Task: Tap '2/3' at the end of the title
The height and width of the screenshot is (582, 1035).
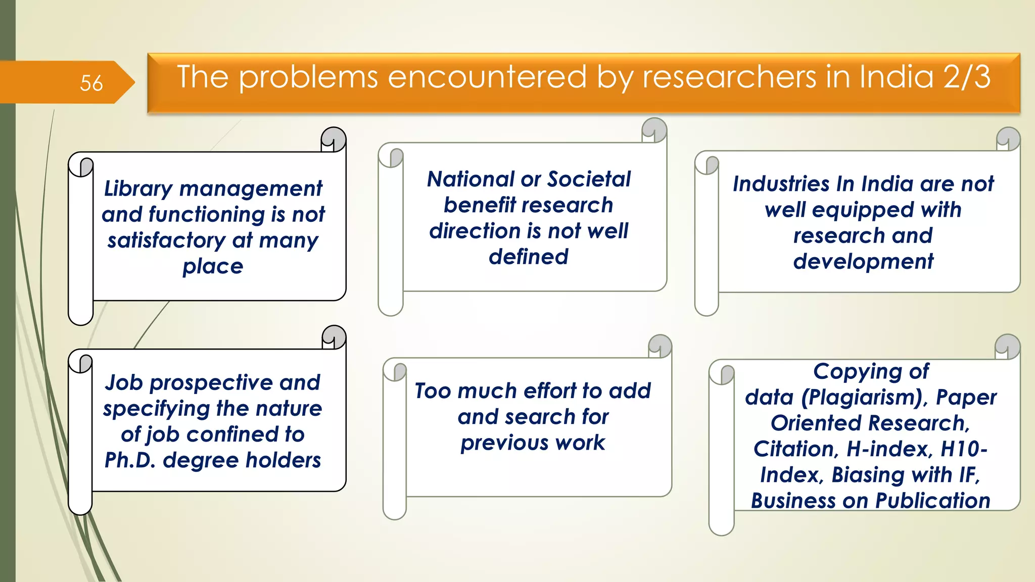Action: [x=966, y=77]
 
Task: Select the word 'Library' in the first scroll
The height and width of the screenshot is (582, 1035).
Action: [x=138, y=189]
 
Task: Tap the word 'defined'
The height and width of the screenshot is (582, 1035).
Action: [x=528, y=257]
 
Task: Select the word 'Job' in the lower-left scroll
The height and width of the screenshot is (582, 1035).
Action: [x=124, y=383]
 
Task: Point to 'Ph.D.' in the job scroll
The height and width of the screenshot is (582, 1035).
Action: [x=130, y=460]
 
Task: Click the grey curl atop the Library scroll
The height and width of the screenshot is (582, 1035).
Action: [x=334, y=138]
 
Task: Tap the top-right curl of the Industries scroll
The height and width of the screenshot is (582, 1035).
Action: [x=1008, y=138]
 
